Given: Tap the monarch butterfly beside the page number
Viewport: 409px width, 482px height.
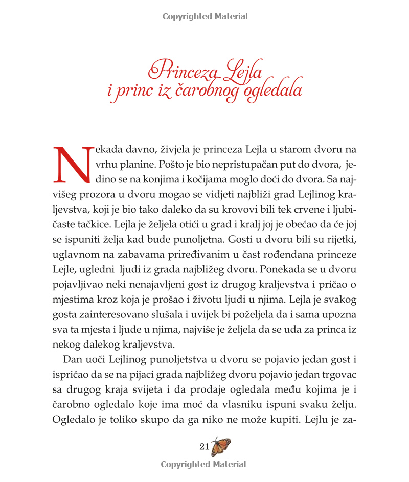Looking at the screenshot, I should click(221, 446).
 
